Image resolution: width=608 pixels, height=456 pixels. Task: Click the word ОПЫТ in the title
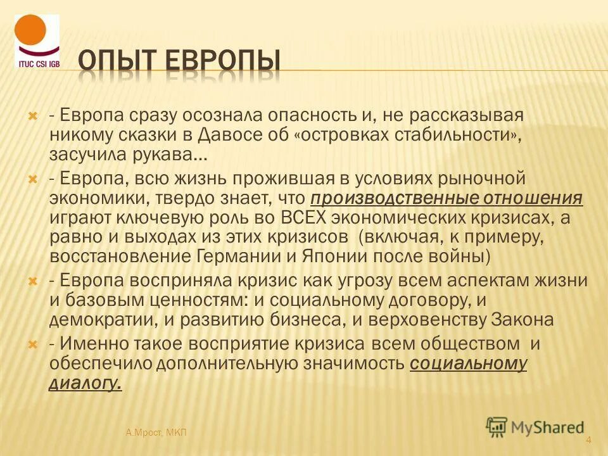click(x=120, y=61)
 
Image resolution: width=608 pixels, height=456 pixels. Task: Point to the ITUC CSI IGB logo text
click(x=37, y=64)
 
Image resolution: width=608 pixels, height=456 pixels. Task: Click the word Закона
click(x=522, y=319)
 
